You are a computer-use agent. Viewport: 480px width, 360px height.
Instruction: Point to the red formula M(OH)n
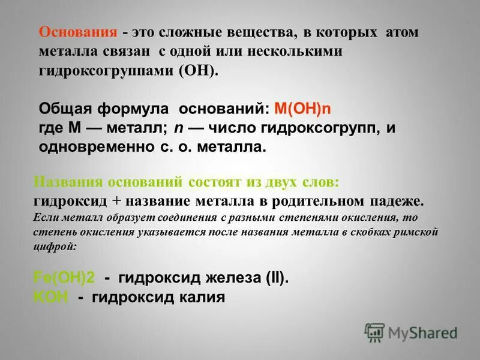(x=302, y=110)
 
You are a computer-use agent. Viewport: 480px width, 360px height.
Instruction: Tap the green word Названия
(x=67, y=182)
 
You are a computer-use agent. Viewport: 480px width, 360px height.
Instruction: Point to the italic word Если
(x=47, y=217)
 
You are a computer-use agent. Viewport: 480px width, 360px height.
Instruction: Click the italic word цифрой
(x=54, y=246)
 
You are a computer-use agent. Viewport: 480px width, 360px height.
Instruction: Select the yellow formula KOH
(x=51, y=297)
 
